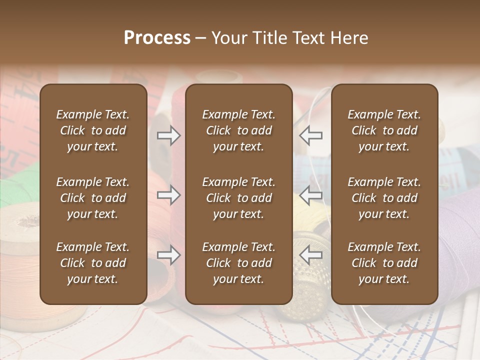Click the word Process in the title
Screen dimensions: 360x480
pos(157,38)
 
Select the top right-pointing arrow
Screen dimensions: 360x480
pos(168,135)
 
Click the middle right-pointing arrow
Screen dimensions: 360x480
pos(168,195)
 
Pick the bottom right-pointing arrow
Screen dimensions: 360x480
pos(168,255)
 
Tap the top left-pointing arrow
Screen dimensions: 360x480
pos(311,135)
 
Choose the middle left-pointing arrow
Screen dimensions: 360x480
pos(311,195)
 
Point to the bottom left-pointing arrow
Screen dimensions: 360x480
pos(311,255)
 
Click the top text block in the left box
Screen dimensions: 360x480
pos(93,130)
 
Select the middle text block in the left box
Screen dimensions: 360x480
pos(93,198)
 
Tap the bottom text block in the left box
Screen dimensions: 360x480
pos(93,263)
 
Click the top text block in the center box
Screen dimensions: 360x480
pos(239,130)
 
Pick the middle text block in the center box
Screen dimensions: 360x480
pos(239,198)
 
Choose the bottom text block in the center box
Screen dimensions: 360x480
pos(239,263)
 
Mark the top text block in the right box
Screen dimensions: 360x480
pos(384,130)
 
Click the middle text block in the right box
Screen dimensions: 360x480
pos(384,198)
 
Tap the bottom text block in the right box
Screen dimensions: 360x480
pos(384,263)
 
